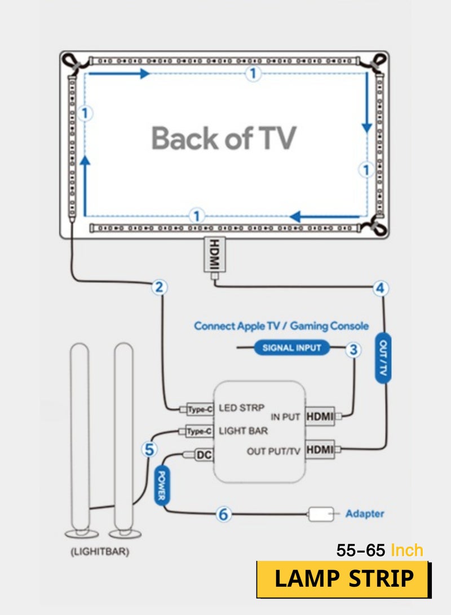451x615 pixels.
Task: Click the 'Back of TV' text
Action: click(224, 138)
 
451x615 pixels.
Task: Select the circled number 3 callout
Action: click(353, 349)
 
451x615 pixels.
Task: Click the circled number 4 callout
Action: click(382, 288)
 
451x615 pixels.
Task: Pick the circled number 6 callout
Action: click(224, 514)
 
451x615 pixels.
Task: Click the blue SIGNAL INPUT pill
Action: click(291, 348)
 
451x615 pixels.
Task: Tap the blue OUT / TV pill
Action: click(383, 358)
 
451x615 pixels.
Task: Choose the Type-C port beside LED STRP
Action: click(200, 409)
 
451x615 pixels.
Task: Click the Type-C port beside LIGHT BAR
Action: click(200, 431)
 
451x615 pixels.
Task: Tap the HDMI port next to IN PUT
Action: click(320, 417)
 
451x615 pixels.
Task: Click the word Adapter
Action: click(365, 514)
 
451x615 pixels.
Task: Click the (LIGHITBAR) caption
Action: click(100, 552)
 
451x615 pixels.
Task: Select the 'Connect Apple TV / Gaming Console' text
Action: click(281, 326)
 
